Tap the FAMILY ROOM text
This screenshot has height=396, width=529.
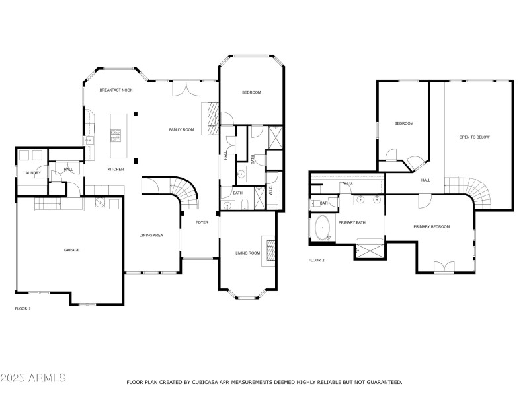[x=181, y=130]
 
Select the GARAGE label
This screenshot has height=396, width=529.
[x=71, y=250]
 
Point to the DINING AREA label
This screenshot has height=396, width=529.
[x=151, y=236]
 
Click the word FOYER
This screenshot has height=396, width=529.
[x=202, y=222]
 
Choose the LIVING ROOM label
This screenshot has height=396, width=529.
[x=248, y=253]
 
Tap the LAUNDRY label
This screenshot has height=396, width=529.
[x=32, y=173]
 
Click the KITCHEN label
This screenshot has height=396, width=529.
[x=116, y=170]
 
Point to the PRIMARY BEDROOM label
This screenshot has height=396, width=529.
[x=431, y=227]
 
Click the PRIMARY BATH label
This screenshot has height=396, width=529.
[x=352, y=223]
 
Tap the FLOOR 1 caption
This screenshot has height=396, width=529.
[x=22, y=308]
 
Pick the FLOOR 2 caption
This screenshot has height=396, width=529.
[x=316, y=261]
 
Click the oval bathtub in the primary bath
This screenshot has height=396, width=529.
[x=323, y=228]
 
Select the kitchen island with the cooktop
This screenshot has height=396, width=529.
[x=118, y=135]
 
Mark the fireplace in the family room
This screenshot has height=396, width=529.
[x=210, y=119]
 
